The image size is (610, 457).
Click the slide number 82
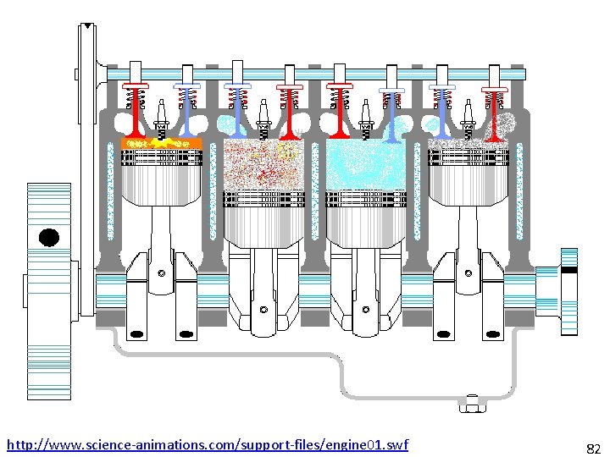pyautogui.click(x=593, y=448)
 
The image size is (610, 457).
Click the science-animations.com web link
pyautogui.click(x=207, y=444)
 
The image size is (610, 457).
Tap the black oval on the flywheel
pyautogui.click(x=49, y=237)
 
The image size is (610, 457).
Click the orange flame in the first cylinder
pyautogui.click(x=161, y=143)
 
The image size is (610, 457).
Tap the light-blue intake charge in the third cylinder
pyautogui.click(x=365, y=164)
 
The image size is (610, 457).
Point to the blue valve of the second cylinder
pyautogui.click(x=236, y=110)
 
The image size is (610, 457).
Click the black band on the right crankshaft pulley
pyautogui.click(x=569, y=269)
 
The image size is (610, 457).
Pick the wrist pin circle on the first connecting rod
pyautogui.click(x=161, y=273)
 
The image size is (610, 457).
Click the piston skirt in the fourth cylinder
pyautogui.click(x=469, y=182)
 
